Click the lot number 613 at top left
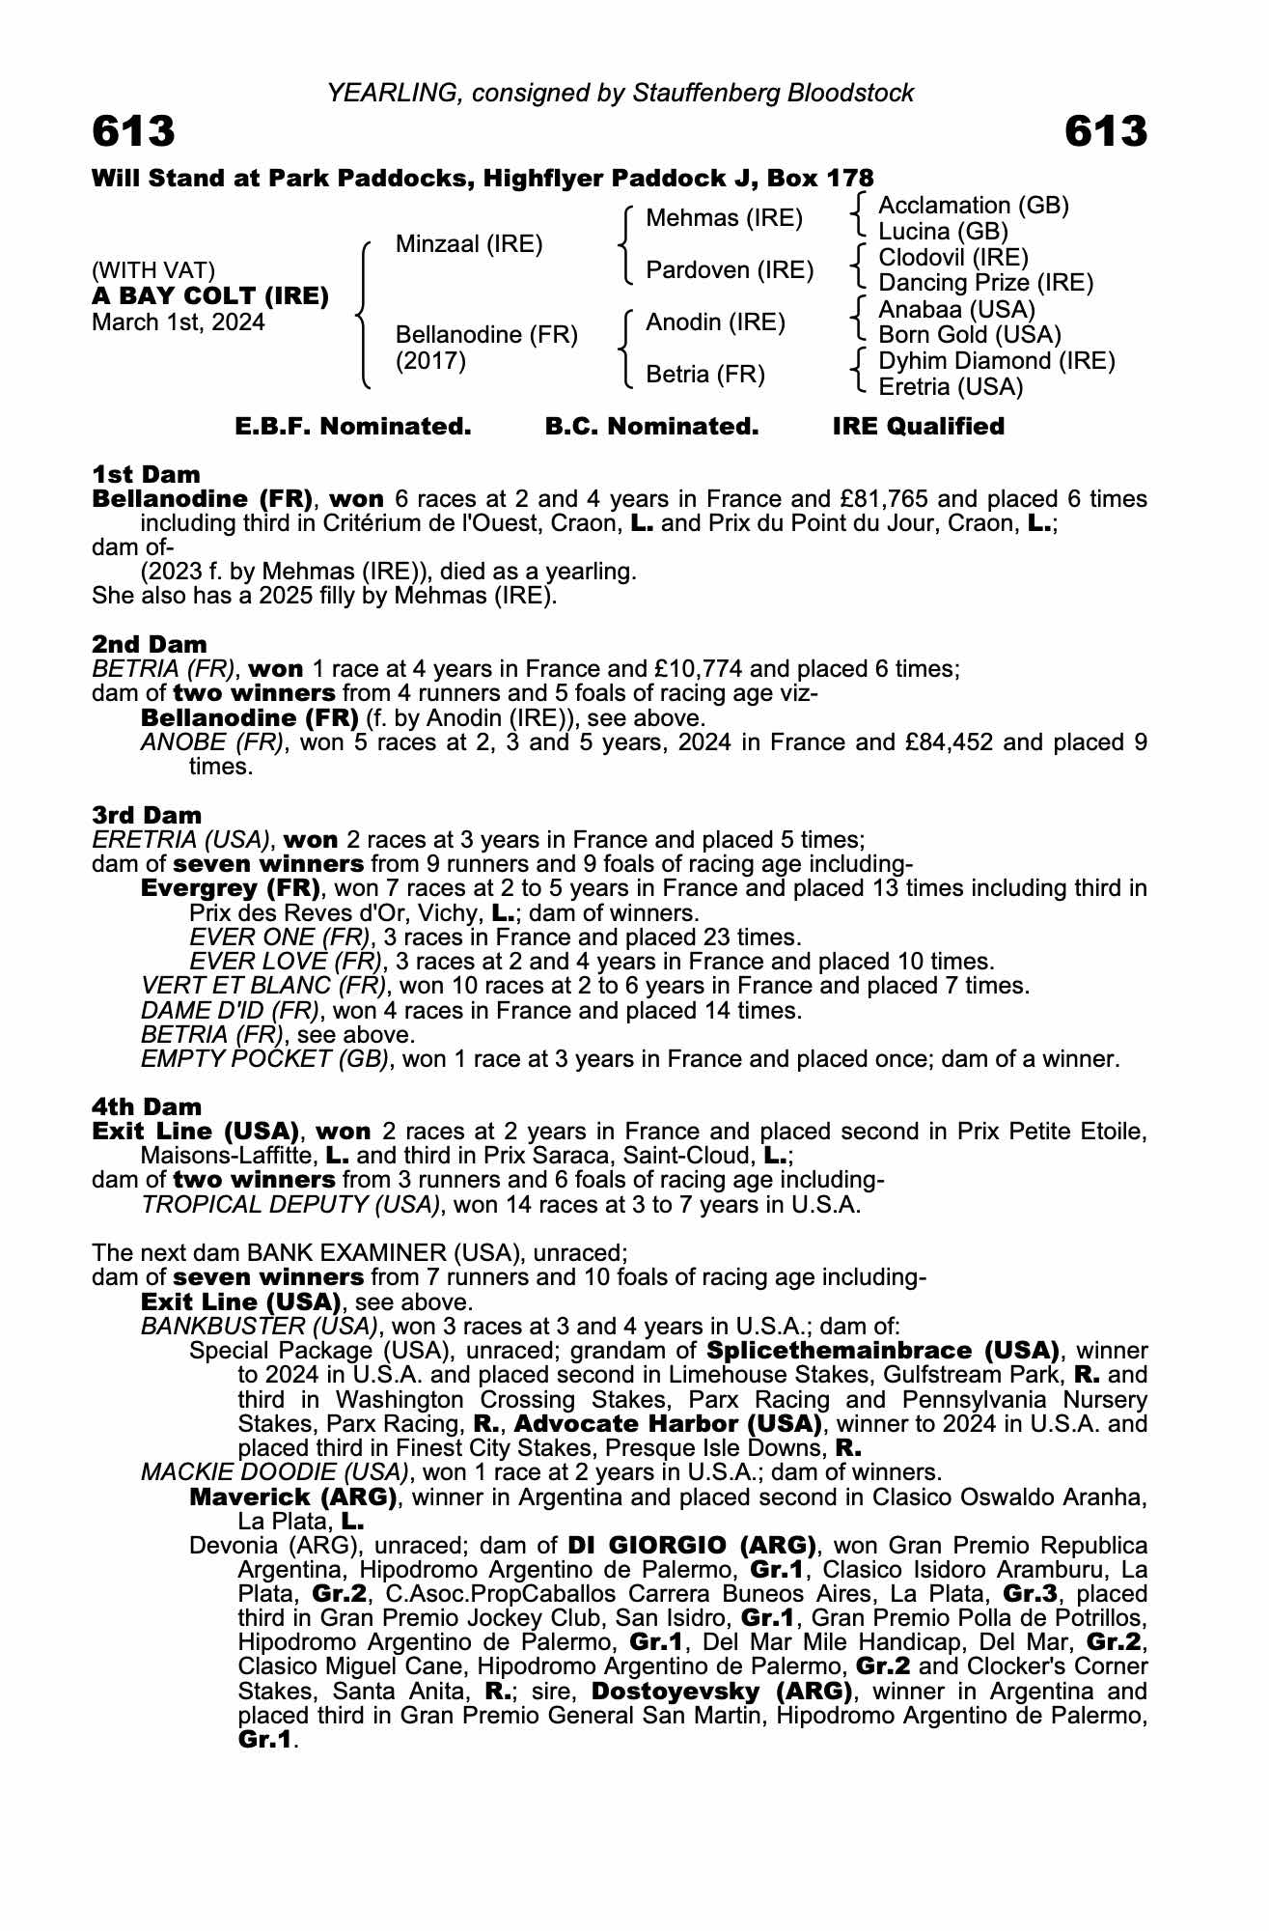coord(134,131)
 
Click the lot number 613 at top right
coord(1106,131)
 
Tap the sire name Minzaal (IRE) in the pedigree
coord(469,244)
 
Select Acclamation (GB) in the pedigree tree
coord(973,206)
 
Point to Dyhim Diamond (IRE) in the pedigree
coord(996,361)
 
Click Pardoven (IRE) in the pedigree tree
coord(730,270)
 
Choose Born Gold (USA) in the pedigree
coord(969,335)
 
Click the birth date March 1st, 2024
coord(178,322)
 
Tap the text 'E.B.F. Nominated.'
coord(353,427)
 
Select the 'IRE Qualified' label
coord(918,427)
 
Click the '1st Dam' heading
coord(146,474)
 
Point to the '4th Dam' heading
coord(147,1106)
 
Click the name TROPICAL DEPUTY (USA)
coord(290,1205)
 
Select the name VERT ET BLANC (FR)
coord(263,986)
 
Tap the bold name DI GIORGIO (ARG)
coord(692,1545)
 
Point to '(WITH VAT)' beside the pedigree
coord(153,270)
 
